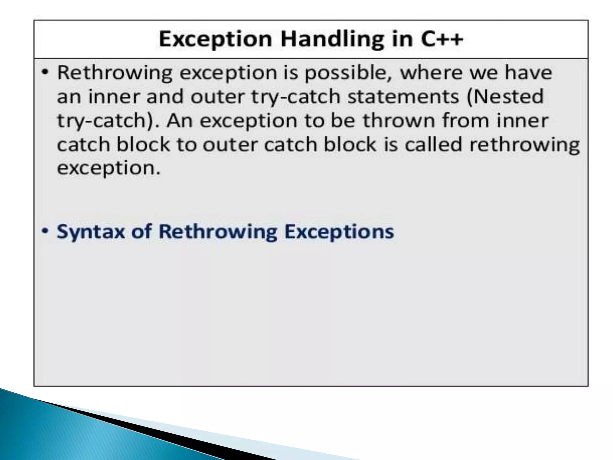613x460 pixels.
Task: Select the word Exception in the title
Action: coord(215,39)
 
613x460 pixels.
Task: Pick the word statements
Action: coord(403,97)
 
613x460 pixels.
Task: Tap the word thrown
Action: coord(398,120)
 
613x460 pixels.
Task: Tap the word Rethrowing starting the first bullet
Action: coord(115,73)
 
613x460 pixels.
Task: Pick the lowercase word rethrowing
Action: coord(524,145)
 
